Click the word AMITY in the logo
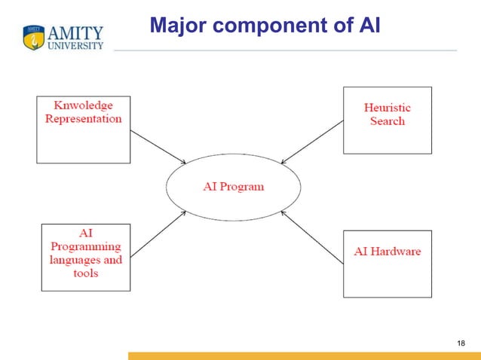pos(75,32)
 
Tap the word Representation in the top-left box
pos(83,119)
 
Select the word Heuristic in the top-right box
pos(388,108)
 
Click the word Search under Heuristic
pos(388,121)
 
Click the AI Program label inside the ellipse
pos(233,186)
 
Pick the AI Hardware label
pos(388,251)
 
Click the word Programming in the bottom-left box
pos(85,246)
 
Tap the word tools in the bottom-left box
pos(85,273)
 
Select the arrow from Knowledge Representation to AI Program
pos(158,146)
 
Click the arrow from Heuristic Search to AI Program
pos(311,142)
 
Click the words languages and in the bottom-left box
pos(85,260)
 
